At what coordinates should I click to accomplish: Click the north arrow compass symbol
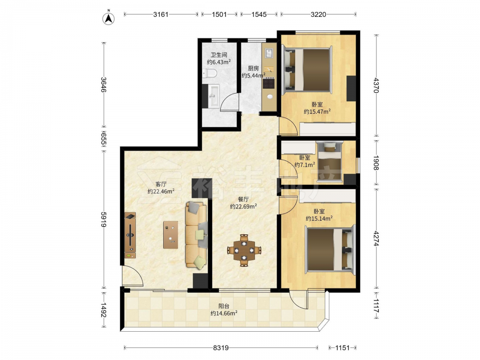pyautogui.click(x=108, y=18)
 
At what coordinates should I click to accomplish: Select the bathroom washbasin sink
pyautogui.click(x=214, y=96)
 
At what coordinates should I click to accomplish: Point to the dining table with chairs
pyautogui.click(x=244, y=250)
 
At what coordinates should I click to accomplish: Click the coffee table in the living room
pyautogui.click(x=170, y=235)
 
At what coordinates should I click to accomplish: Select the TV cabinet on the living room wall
pyautogui.click(x=130, y=235)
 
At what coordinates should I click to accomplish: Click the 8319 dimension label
pyautogui.click(x=221, y=348)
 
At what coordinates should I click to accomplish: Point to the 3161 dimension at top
pyautogui.click(x=161, y=14)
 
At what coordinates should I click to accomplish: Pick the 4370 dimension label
pyautogui.click(x=376, y=85)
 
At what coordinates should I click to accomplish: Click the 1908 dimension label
pyautogui.click(x=376, y=163)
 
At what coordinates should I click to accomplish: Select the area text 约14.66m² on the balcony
pyautogui.click(x=224, y=313)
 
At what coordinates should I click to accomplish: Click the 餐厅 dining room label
pyautogui.click(x=243, y=199)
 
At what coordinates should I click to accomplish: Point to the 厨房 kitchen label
pyautogui.click(x=253, y=68)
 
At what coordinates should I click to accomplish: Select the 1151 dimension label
pyautogui.click(x=342, y=348)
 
